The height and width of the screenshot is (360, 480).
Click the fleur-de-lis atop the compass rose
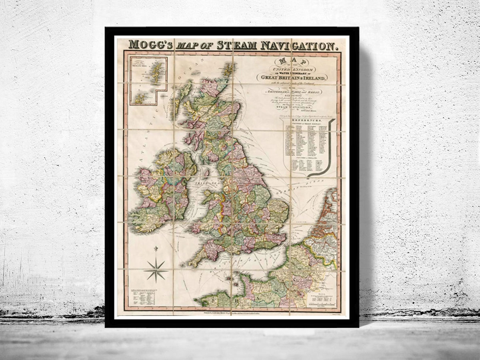tap(156, 250)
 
